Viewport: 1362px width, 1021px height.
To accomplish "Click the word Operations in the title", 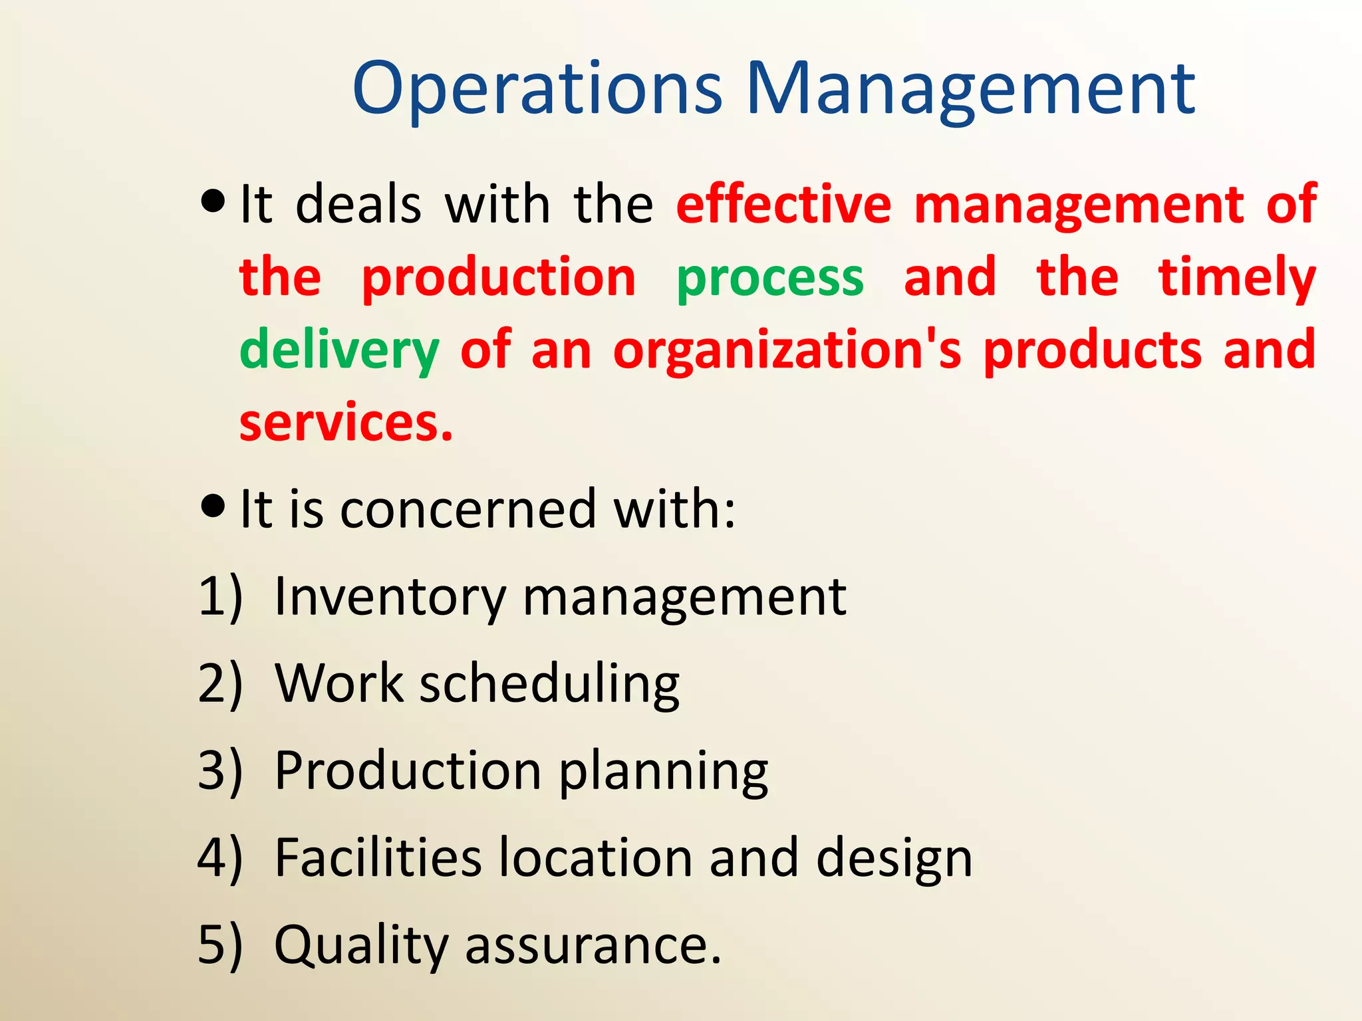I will coord(537,90).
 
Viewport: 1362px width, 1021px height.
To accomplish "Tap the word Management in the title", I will coord(970,90).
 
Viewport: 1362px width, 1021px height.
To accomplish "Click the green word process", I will coord(770,278).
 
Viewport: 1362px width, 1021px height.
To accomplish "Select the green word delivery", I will coord(339,351).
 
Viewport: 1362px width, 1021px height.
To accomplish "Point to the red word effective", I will coord(783,204).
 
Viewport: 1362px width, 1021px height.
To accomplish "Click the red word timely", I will coord(1237,278).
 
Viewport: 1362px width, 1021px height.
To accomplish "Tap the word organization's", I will coord(787,351).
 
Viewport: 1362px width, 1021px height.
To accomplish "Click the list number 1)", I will coord(220,597).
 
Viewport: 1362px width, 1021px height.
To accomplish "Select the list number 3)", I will coord(220,771).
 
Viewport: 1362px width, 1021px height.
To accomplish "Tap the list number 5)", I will coord(220,945).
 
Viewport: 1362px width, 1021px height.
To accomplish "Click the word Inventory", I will coord(390,597).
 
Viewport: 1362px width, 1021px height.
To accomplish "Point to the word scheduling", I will coord(549,685).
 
